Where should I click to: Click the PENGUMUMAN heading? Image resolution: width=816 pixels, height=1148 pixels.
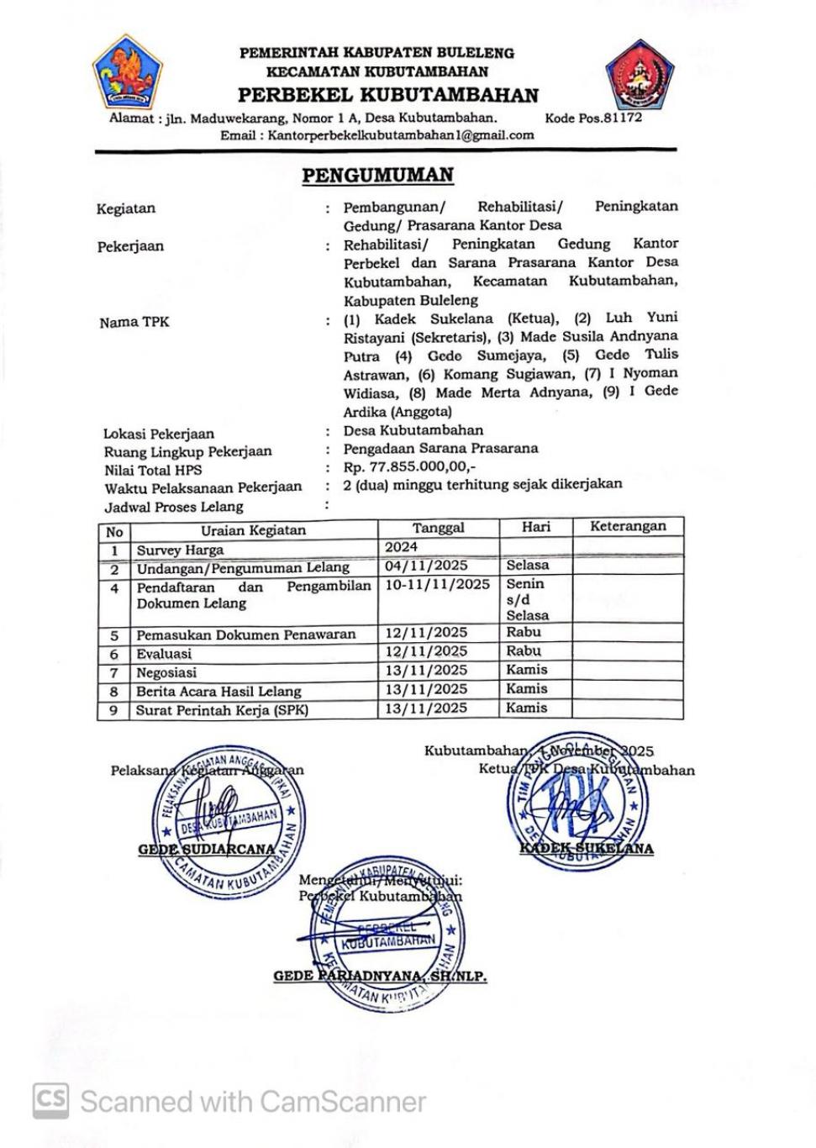[x=377, y=176]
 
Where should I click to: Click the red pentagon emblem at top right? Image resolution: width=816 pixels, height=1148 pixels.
[x=640, y=76]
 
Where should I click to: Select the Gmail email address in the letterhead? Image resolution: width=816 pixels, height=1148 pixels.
[x=400, y=135]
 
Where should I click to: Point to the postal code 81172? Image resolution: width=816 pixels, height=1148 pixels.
[x=623, y=118]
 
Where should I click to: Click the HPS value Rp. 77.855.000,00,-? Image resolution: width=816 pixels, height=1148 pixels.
[x=409, y=466]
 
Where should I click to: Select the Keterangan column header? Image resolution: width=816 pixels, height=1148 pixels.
[x=627, y=527]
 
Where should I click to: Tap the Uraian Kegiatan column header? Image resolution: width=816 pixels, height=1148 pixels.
[x=253, y=530]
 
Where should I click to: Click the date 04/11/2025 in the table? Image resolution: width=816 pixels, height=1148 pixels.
[x=426, y=566]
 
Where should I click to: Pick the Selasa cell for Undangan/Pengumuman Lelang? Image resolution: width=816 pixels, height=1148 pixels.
[x=527, y=566]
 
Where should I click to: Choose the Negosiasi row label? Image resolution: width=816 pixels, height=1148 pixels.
[x=166, y=672]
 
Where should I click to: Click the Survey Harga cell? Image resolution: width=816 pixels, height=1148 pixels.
[x=180, y=550]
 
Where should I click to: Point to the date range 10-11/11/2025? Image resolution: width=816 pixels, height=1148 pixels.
[x=437, y=584]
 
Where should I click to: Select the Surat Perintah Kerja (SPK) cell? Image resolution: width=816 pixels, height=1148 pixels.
[x=222, y=710]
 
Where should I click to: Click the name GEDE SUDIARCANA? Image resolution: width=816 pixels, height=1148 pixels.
[x=207, y=850]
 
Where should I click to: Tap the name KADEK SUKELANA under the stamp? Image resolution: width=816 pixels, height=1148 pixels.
[x=586, y=849]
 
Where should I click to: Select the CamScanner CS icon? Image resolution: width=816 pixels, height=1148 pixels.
[x=51, y=1101]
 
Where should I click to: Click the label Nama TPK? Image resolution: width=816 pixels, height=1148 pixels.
[x=134, y=322]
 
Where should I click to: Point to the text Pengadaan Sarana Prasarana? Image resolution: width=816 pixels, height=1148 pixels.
[x=440, y=448]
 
